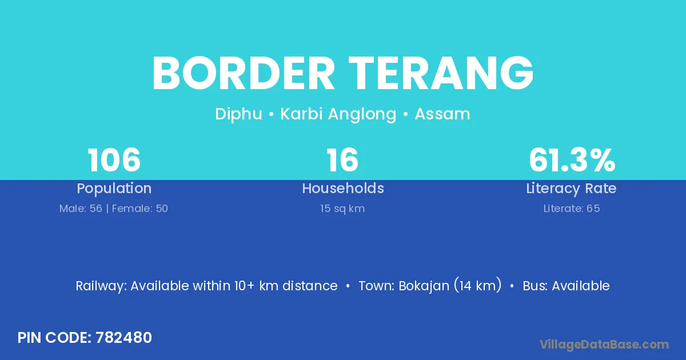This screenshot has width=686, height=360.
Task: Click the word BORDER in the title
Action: tap(244, 73)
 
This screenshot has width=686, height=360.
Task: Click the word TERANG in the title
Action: tap(441, 73)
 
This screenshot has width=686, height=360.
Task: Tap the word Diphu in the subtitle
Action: tap(238, 114)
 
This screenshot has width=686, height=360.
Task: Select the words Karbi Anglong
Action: tap(338, 114)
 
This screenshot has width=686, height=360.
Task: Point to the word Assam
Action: tap(442, 114)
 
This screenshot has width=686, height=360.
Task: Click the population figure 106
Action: tap(114, 160)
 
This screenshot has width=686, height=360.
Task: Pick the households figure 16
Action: tap(342, 160)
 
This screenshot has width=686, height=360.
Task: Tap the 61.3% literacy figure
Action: tap(572, 160)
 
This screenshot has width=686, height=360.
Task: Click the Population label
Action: tap(114, 189)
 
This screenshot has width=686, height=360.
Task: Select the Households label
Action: tap(343, 188)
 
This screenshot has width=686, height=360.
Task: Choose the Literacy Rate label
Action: tap(571, 189)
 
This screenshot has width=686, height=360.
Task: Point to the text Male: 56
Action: tap(81, 209)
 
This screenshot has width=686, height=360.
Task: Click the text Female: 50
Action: tap(140, 209)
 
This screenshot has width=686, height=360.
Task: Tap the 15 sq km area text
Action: tap(342, 209)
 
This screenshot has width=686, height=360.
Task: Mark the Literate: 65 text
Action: tap(572, 209)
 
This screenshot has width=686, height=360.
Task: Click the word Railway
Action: tap(101, 286)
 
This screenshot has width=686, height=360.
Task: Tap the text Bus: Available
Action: tap(567, 286)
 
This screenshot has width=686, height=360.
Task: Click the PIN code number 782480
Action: tap(123, 338)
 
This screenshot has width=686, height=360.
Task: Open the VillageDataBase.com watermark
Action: tap(604, 345)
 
